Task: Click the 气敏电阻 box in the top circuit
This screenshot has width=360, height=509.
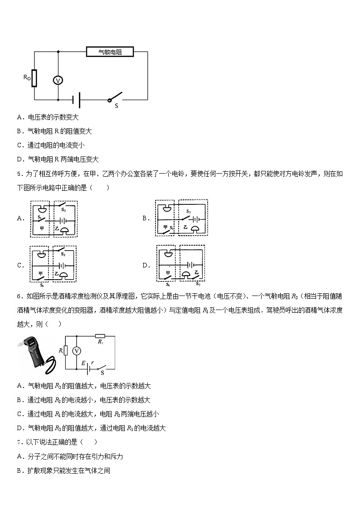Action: point(110,52)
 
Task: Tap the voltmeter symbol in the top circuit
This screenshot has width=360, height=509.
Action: point(58,80)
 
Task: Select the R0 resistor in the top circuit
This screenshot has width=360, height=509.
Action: point(34,78)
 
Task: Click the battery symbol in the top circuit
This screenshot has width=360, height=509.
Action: point(77,100)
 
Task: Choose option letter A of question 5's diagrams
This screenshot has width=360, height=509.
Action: point(20,218)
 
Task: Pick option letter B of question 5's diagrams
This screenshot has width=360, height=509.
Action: point(146,218)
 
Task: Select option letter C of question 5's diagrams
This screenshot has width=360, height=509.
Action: point(20,266)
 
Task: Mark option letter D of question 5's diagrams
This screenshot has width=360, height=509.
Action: point(146,266)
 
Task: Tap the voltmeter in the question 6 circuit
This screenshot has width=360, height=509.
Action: point(77,350)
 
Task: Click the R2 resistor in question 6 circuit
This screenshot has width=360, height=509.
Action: point(100,336)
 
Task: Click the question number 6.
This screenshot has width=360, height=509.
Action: point(19,296)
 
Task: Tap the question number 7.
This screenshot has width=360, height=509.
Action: point(19,442)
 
